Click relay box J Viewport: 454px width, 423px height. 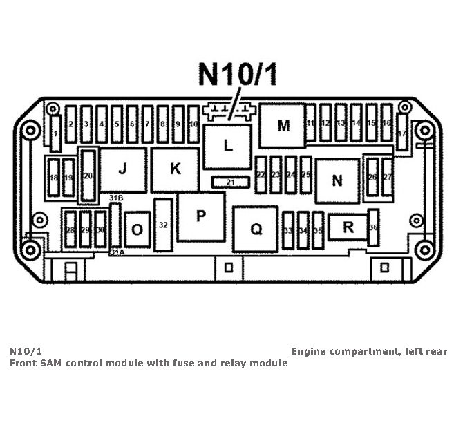(122, 169)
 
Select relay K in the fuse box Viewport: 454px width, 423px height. (175, 169)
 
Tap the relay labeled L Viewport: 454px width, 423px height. (228, 146)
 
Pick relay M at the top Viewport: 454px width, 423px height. (283, 126)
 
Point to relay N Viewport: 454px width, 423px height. (337, 181)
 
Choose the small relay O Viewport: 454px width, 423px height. (138, 229)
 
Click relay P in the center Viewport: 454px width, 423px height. (201, 216)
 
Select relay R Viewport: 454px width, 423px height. (348, 227)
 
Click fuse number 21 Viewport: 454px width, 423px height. (230, 182)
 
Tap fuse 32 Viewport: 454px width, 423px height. (163, 225)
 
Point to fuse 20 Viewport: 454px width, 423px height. (88, 176)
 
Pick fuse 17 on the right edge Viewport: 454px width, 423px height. (401, 133)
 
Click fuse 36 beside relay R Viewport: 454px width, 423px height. (373, 227)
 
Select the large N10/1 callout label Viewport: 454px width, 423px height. (238, 74)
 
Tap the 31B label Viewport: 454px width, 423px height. (116, 198)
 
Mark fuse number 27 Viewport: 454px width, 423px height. (387, 178)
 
